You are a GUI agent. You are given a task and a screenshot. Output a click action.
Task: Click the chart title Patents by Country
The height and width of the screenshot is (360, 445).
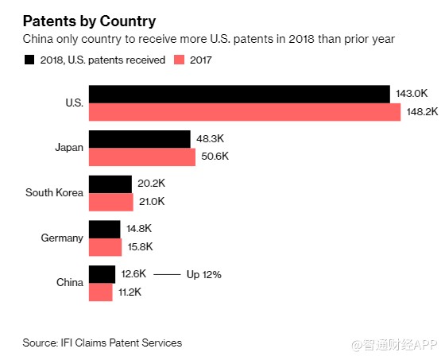click(89, 21)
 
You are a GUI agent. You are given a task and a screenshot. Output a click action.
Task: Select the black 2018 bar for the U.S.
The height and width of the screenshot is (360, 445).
click(239, 95)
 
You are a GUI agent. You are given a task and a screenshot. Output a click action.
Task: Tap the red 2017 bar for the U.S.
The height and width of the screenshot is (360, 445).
click(245, 112)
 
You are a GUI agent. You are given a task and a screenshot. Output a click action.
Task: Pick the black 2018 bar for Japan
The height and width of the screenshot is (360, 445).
click(140, 139)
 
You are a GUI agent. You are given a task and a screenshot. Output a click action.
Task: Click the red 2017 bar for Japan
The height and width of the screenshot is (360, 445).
click(142, 157)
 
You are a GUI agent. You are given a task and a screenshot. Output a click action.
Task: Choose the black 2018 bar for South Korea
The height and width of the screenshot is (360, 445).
click(110, 184)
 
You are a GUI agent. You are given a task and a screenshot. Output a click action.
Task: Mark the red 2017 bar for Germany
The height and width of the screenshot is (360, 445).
click(105, 247)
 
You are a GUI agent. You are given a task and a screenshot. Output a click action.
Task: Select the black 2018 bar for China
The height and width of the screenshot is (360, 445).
click(103, 274)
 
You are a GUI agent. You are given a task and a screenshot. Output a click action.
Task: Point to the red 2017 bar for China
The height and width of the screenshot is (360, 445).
click(101, 292)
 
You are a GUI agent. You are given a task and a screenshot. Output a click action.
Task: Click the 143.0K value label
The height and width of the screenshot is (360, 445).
click(412, 94)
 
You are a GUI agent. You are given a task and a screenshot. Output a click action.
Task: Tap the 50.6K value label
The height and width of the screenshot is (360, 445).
click(215, 156)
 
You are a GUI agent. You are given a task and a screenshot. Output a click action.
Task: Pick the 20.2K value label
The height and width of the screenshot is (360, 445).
click(151, 184)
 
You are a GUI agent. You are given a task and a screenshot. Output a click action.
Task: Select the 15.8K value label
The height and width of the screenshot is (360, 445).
click(140, 246)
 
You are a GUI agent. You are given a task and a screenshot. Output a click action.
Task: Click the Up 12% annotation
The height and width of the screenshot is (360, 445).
click(204, 275)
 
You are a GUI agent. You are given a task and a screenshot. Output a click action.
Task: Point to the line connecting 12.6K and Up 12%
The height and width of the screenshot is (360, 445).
click(167, 274)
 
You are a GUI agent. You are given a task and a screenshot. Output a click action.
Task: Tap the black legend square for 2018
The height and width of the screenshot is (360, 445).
click(29, 60)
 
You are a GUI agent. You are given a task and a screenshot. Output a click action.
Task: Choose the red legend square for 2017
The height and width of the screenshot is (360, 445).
click(179, 60)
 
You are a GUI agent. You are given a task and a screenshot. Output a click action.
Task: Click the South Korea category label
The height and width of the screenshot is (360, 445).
click(55, 192)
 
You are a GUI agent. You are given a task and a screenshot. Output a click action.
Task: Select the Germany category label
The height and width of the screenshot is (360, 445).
click(62, 238)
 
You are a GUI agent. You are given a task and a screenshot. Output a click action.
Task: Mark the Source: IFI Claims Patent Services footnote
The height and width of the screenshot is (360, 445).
click(103, 343)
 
